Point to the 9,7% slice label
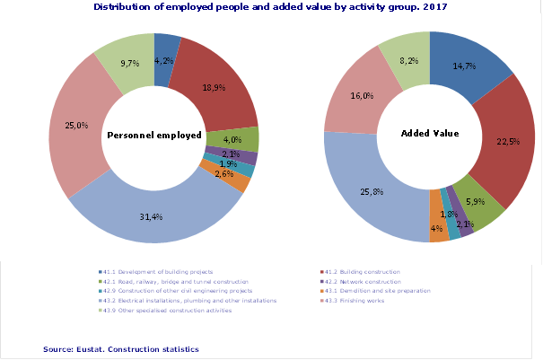(129, 64)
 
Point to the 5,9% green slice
(474, 202)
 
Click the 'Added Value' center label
(429, 134)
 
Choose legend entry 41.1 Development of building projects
(157, 271)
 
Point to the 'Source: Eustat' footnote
(120, 348)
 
